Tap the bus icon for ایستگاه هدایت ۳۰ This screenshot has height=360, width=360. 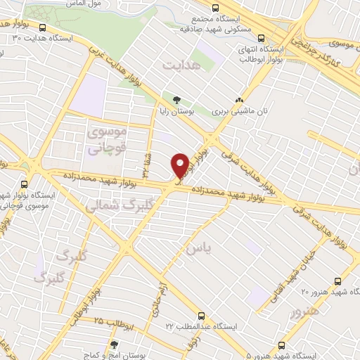pos(44,28)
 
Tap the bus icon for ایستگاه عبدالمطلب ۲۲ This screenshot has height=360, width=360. pos(202,315)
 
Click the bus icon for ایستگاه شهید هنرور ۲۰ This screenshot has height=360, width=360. pos(339,279)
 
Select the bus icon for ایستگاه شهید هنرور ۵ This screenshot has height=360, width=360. pos(282,345)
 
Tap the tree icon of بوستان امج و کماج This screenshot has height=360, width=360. pos(114,345)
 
